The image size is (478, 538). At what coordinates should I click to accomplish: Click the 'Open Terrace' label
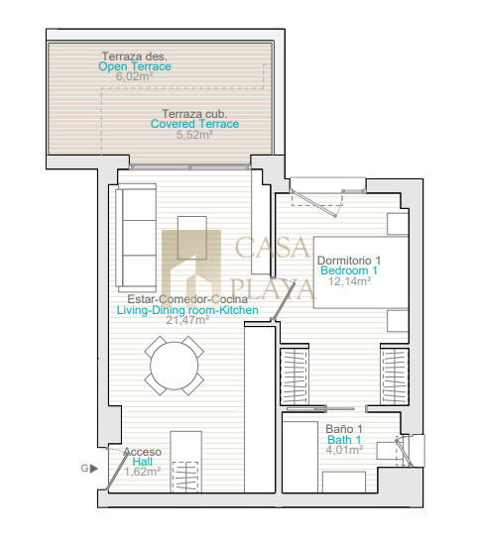(x=135, y=66)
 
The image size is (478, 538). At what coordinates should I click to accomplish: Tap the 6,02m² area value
(x=134, y=76)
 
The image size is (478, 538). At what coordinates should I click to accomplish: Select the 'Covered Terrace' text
(x=194, y=124)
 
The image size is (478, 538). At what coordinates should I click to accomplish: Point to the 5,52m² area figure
(x=194, y=135)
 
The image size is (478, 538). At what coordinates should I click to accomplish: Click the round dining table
(x=175, y=366)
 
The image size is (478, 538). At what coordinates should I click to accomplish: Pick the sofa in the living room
(x=136, y=238)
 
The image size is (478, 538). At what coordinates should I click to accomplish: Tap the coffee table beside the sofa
(x=192, y=238)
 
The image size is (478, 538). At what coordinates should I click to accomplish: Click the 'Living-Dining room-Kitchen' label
(x=187, y=310)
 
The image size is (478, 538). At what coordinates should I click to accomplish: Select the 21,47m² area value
(x=187, y=320)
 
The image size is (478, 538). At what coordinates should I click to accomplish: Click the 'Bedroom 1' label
(x=349, y=270)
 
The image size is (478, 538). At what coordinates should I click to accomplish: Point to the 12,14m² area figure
(x=349, y=281)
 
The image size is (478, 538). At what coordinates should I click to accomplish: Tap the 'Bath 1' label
(x=344, y=440)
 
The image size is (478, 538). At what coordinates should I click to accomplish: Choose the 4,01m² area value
(x=344, y=450)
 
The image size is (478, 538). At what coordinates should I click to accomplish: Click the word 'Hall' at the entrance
(x=143, y=462)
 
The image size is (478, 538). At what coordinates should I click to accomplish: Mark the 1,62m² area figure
(x=143, y=472)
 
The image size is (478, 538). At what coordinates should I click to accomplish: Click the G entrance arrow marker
(x=89, y=468)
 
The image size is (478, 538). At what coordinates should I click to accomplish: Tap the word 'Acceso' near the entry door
(x=143, y=452)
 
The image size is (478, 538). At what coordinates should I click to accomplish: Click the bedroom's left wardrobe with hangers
(x=294, y=377)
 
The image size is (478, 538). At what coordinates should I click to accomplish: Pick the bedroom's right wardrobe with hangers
(x=395, y=377)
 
